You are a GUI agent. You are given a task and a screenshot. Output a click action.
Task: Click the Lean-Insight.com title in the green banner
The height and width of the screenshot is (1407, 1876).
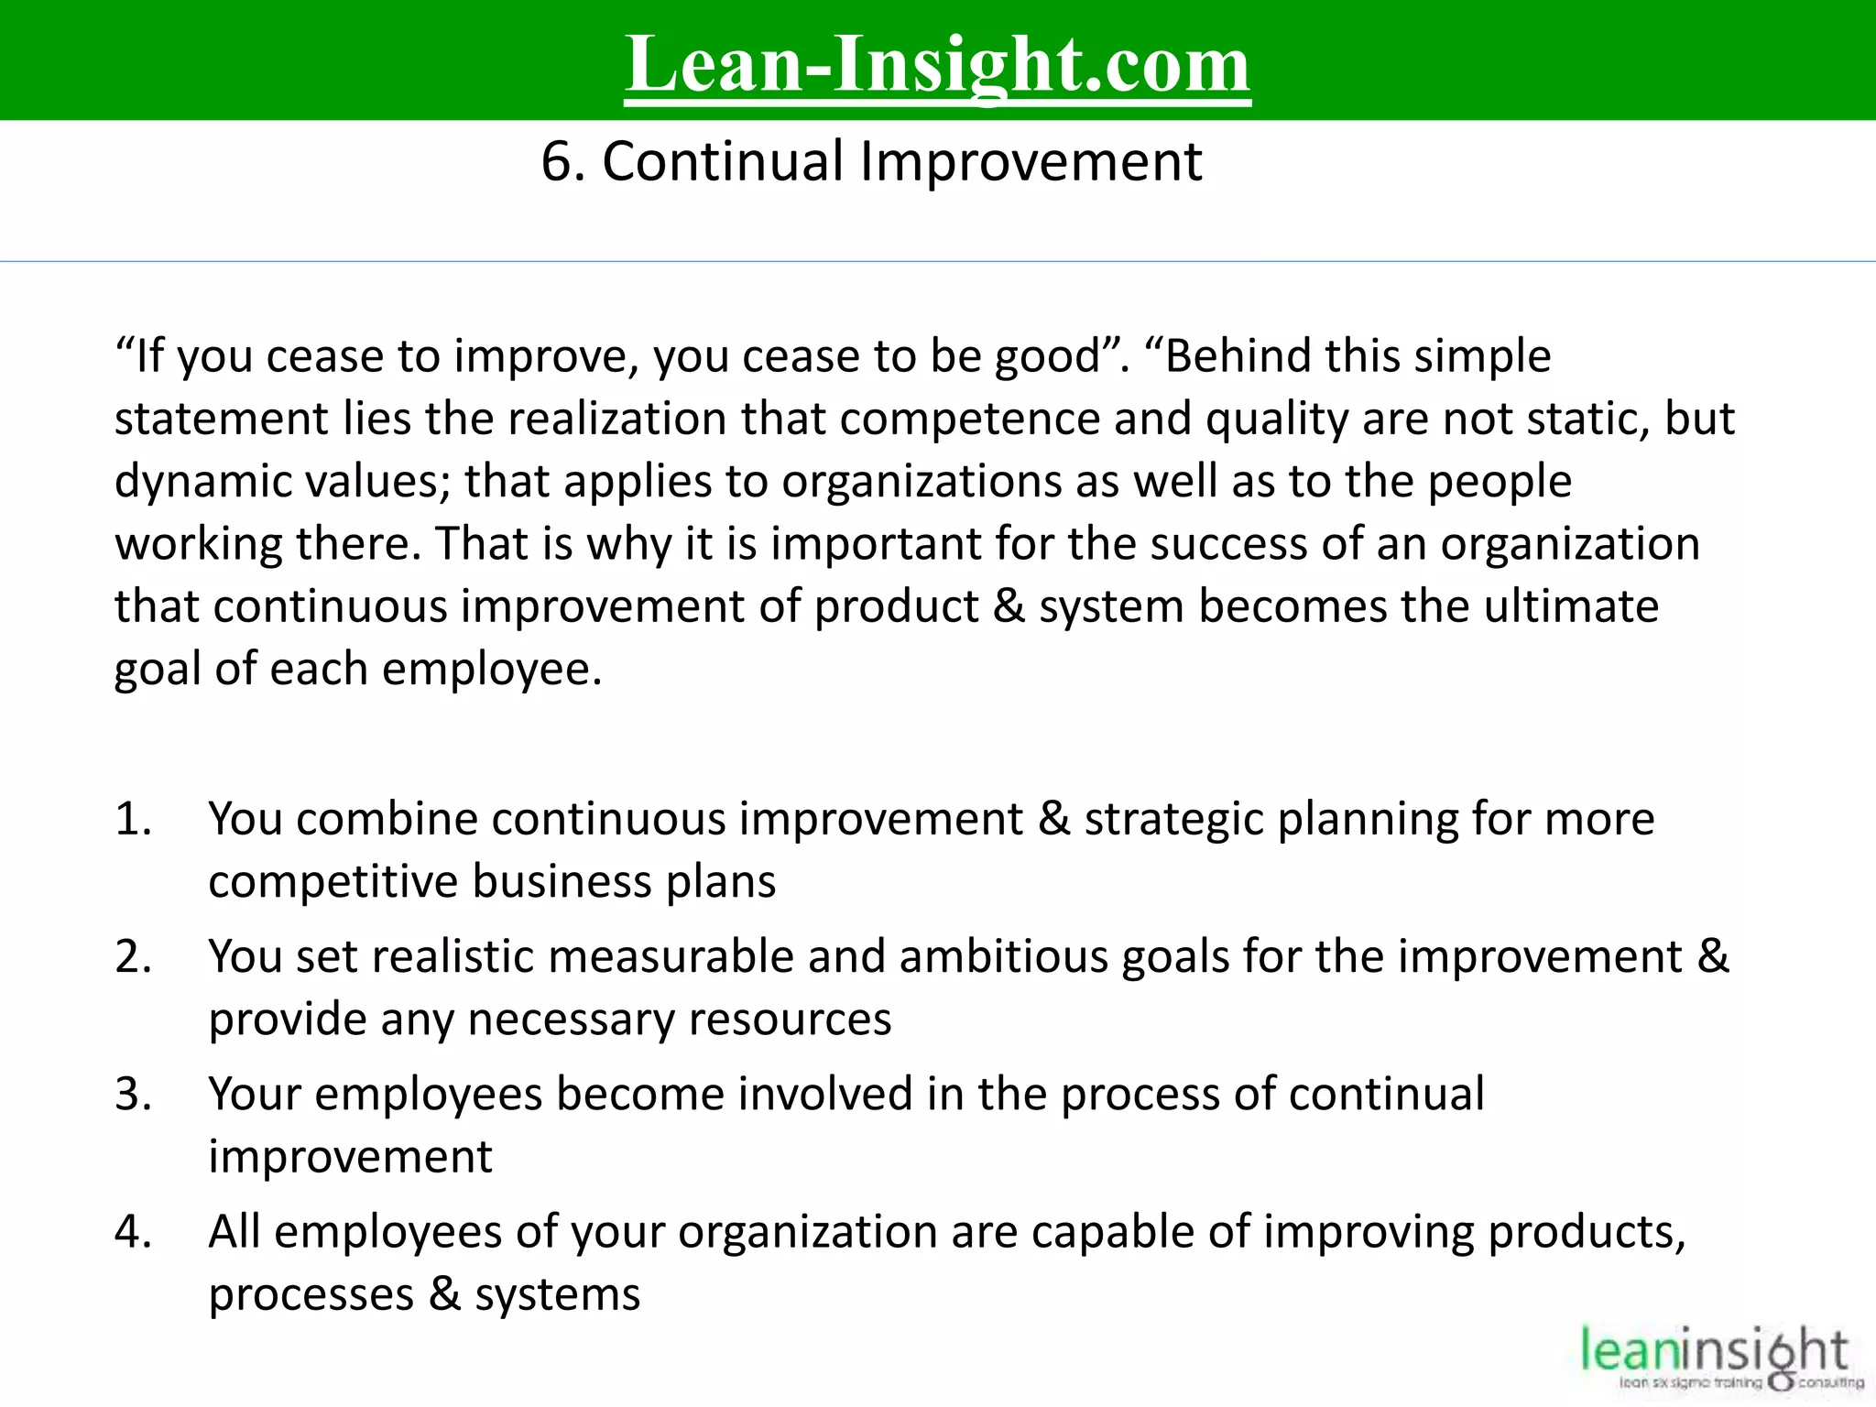[937, 64]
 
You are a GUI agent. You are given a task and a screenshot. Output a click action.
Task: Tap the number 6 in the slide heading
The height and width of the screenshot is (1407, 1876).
[557, 162]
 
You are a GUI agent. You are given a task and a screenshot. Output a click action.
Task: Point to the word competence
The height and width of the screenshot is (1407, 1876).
[969, 419]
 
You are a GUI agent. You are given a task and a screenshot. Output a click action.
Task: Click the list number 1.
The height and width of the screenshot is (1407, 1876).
[132, 819]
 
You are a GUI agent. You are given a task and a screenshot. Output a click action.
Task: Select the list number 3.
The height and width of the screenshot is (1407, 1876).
[132, 1094]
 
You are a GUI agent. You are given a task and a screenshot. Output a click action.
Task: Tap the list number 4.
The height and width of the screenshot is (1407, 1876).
[132, 1232]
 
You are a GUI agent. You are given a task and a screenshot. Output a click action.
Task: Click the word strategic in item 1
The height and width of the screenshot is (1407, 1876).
[1173, 819]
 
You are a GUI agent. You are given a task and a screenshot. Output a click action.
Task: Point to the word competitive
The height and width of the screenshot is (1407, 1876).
[333, 881]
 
